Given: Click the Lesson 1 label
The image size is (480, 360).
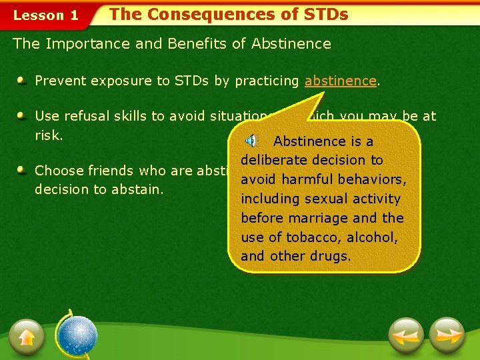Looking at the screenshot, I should pos(45,15).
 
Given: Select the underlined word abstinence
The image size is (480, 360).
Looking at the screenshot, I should pos(341,81).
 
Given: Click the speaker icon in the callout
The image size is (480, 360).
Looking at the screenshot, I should pos(251,141).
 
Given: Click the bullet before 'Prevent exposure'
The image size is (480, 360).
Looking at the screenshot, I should pos(22,81).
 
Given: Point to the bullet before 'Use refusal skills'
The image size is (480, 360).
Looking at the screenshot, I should pos(22,116).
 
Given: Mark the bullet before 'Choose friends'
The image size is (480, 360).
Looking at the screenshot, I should pos(22,170).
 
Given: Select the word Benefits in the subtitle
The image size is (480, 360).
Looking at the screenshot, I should pos(200,44).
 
